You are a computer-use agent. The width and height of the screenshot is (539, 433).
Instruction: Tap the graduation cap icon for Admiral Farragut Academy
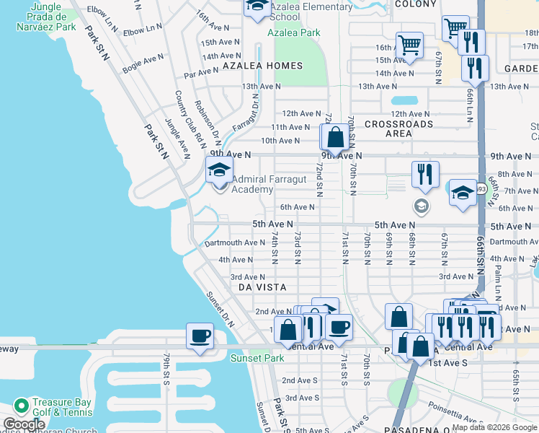coord(220,170)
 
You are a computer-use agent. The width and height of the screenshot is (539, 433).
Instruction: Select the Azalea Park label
coord(293,32)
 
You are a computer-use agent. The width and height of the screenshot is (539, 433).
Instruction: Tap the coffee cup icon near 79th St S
coord(200,336)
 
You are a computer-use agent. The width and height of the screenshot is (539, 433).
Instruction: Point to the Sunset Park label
coord(257,358)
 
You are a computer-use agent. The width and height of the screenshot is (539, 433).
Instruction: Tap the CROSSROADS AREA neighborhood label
coord(398,128)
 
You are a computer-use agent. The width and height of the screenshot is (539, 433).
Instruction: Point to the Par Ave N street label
coord(200,72)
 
